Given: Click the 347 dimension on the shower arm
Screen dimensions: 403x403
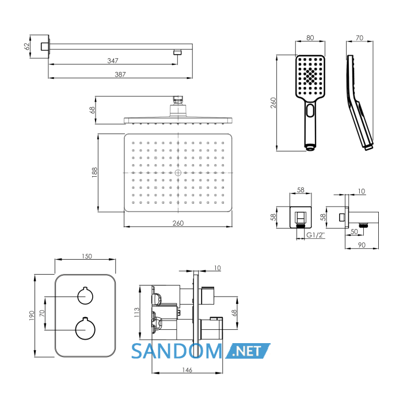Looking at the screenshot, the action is pyautogui.click(x=113, y=60).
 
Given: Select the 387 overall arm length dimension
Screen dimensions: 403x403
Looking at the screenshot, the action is pyautogui.click(x=120, y=74).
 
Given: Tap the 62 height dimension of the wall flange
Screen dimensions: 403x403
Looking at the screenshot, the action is pyautogui.click(x=26, y=47).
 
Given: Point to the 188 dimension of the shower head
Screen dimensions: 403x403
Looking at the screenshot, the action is pyautogui.click(x=94, y=173).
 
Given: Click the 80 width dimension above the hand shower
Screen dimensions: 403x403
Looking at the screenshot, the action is pyautogui.click(x=310, y=38).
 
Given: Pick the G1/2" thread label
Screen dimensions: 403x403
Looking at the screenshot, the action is pyautogui.click(x=315, y=235).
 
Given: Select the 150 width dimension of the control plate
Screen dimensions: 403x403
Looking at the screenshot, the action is pyautogui.click(x=86, y=256).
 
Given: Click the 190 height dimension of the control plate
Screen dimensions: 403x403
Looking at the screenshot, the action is pyautogui.click(x=31, y=315).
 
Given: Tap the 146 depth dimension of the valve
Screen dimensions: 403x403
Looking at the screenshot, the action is pyautogui.click(x=187, y=370).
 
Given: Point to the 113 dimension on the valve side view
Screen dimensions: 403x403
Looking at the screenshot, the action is pyautogui.click(x=137, y=312).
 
